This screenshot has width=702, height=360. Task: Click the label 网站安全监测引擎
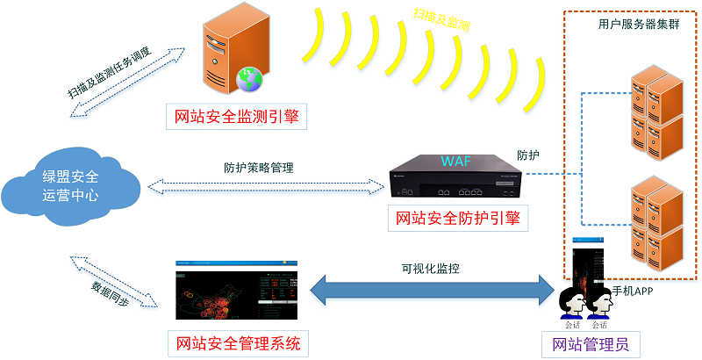coord(237,116)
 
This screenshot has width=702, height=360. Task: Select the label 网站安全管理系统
coord(238,342)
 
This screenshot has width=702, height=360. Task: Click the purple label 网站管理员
coord(585,343)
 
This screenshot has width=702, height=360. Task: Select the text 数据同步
coord(111,286)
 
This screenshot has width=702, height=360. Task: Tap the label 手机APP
coord(632,290)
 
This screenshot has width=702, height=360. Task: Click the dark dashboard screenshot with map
coord(238,290)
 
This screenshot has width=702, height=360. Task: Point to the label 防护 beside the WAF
coord(527,155)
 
